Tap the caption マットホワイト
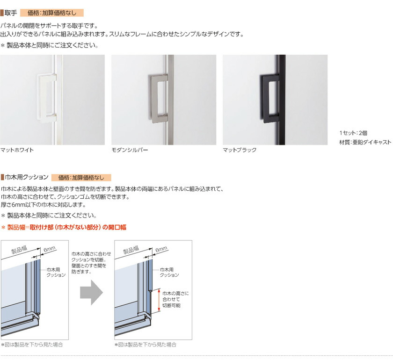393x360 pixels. coord(17,150)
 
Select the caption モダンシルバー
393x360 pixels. coord(130,150)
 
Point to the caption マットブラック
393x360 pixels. coord(240,150)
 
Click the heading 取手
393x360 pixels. coord(11,13)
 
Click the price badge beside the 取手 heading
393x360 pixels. coord(52,13)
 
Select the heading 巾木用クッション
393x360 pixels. coord(27,177)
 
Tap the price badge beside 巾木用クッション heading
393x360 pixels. coord(81,178)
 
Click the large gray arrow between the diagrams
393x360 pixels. coord(92,292)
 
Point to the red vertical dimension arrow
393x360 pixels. coord(159,300)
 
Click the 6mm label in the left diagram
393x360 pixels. coord(50,249)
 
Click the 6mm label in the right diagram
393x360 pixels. coord(161,249)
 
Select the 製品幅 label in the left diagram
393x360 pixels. coord(19,249)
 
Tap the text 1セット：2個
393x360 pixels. coord(353,133)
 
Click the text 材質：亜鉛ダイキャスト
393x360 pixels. coord(365,142)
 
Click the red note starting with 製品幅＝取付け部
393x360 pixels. coord(64,227)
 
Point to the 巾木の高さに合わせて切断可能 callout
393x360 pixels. coord(175,299)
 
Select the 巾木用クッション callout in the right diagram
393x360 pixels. coord(169,272)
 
